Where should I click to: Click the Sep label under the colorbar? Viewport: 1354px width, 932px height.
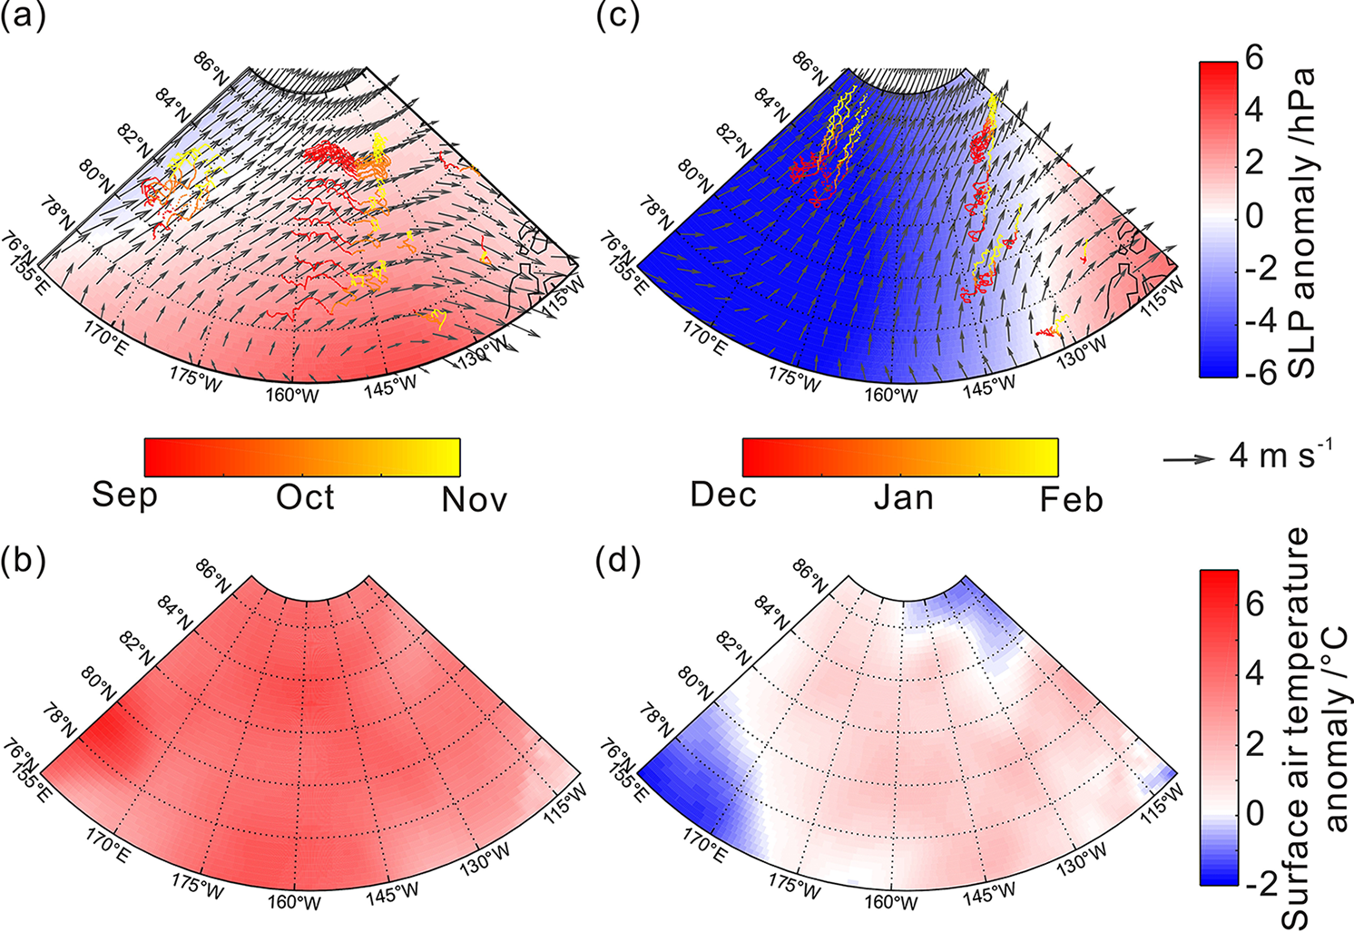click(x=124, y=496)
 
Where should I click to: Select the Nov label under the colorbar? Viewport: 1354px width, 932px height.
click(x=474, y=499)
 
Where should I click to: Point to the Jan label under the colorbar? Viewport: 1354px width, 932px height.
click(x=903, y=497)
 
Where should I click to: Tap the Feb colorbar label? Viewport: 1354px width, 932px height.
click(x=1071, y=499)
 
